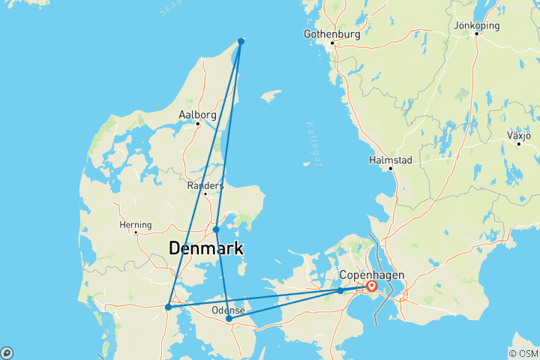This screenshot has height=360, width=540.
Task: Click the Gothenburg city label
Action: tap(331, 34)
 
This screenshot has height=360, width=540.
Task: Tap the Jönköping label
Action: tap(476, 25)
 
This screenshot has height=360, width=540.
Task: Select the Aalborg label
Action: tap(197, 115)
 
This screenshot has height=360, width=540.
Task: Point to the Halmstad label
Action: tap(390, 160)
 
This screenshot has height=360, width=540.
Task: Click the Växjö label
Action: tap(518, 136)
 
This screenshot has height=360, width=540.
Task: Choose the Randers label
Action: tap(205, 185)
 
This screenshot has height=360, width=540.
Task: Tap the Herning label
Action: tap(136, 224)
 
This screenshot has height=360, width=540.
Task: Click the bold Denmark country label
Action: tap(206, 248)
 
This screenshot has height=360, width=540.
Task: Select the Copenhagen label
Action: tap(371, 274)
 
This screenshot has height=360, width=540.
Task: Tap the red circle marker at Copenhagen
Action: tap(371, 286)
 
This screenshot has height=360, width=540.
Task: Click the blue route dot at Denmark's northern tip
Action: tap(241, 41)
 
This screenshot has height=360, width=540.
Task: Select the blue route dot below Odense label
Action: tap(229, 319)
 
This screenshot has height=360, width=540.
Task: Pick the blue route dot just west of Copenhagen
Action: tap(340, 290)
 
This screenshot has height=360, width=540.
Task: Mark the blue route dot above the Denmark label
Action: tap(216, 229)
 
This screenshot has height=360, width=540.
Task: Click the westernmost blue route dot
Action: tap(168, 307)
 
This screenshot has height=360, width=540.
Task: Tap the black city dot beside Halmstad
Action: tap(391, 169)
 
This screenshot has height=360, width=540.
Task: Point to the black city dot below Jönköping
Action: tap(476, 34)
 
